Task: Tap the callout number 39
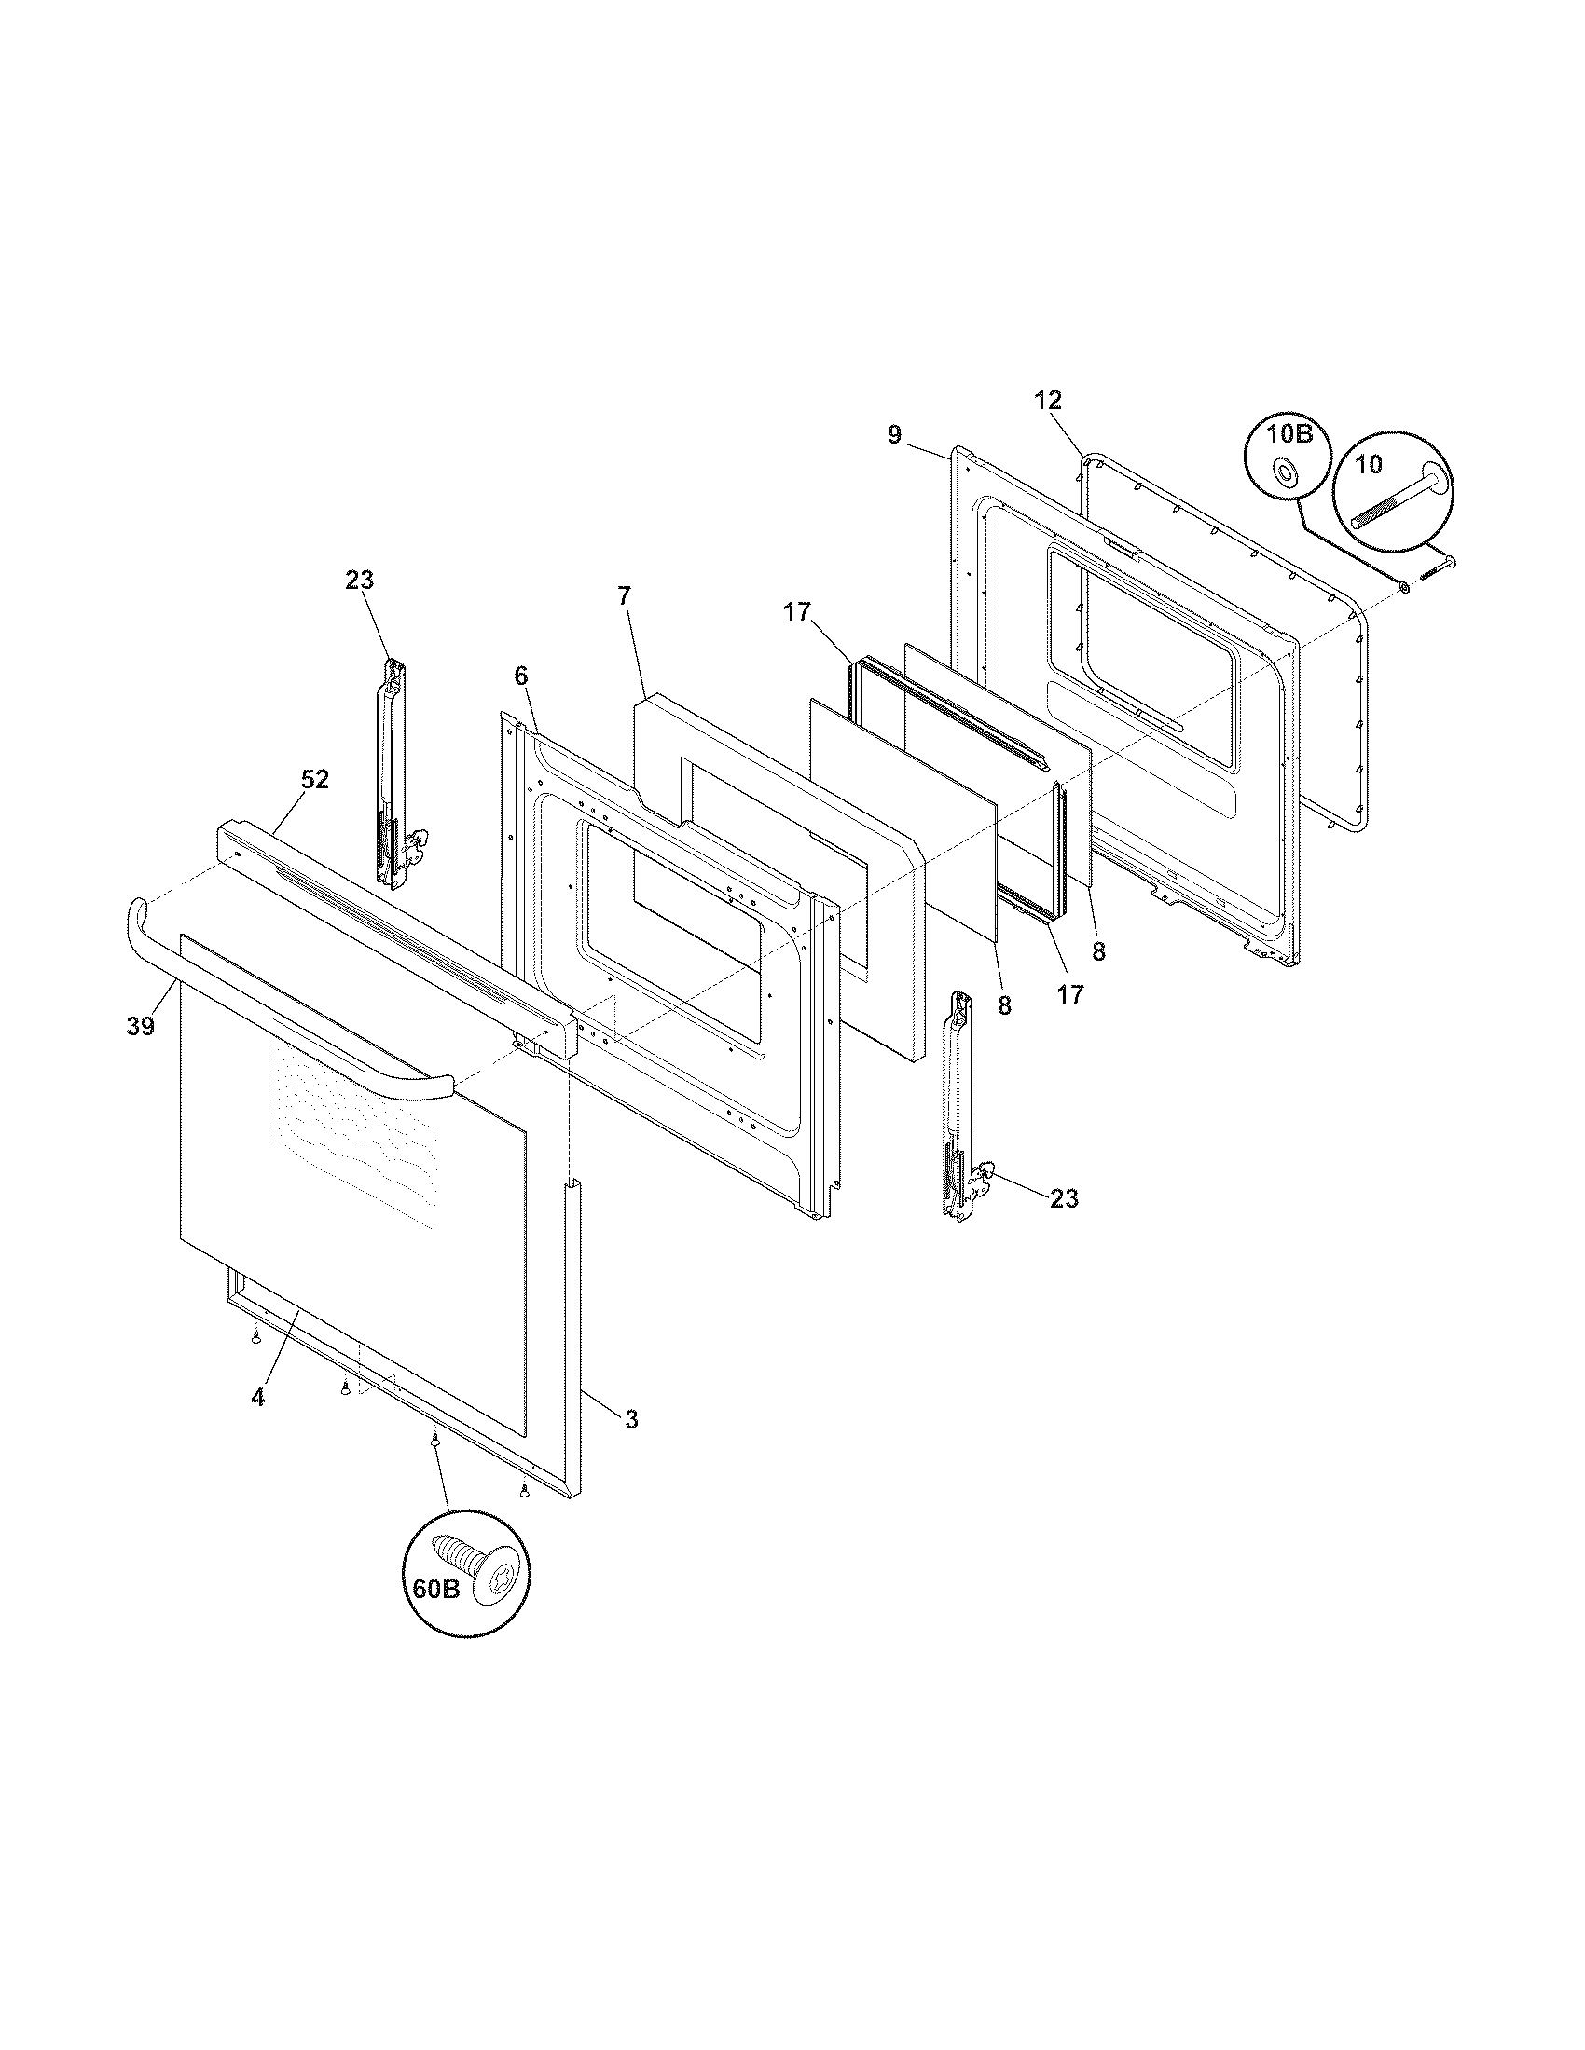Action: (x=140, y=1027)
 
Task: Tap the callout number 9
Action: (x=894, y=434)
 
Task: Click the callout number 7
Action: (x=626, y=595)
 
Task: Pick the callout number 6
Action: (x=521, y=676)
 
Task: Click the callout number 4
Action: (x=257, y=1423)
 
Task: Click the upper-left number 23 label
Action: (x=359, y=581)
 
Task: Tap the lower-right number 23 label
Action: (x=1064, y=1198)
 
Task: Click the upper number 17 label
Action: (x=797, y=613)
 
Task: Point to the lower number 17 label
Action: (x=1070, y=994)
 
